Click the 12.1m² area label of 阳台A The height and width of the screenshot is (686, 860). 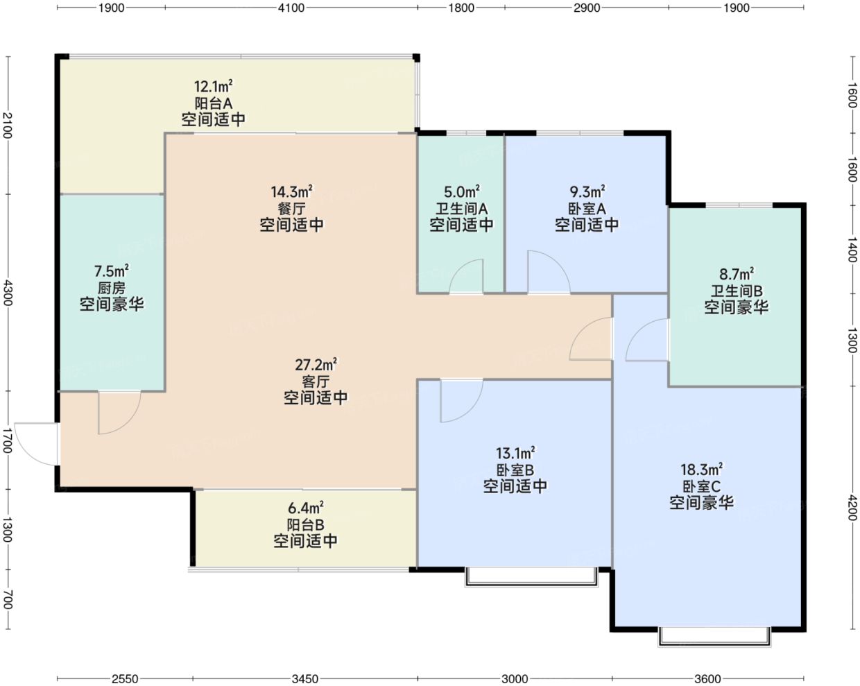click(x=213, y=86)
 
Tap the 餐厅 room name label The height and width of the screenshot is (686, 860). click(x=291, y=209)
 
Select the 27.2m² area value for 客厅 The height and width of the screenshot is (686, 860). click(x=316, y=365)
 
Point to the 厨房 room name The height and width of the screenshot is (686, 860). click(x=112, y=288)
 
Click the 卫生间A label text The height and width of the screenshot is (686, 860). click(x=461, y=209)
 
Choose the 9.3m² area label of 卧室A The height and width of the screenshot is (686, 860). click(x=587, y=192)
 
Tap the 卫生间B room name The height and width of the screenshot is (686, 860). click(x=736, y=291)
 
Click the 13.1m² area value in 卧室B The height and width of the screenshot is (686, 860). click(x=515, y=453)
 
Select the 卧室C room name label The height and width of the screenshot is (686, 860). click(x=701, y=486)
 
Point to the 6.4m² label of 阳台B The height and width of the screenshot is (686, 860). click(x=305, y=508)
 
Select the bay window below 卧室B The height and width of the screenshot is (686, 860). click(x=531, y=577)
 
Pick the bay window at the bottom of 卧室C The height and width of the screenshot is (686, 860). click(x=714, y=637)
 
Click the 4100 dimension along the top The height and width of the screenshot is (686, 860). click(x=291, y=8)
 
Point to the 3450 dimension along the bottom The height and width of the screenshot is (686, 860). click(x=305, y=679)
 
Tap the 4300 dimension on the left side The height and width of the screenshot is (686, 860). click(x=8, y=293)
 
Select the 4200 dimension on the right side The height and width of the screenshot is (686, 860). click(x=852, y=508)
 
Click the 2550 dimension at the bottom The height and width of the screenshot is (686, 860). click(x=125, y=679)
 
